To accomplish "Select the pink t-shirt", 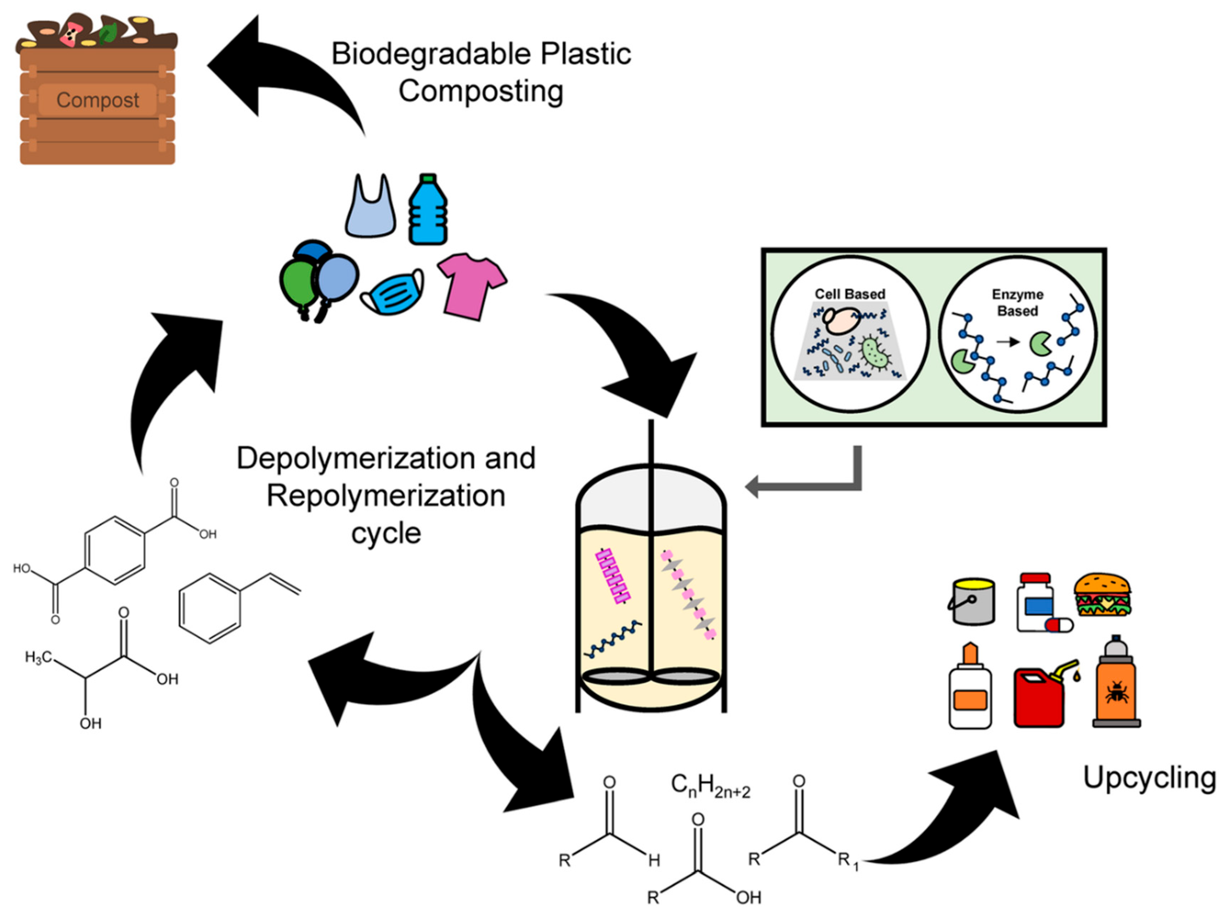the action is (x=472, y=287).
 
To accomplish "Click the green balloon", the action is (x=298, y=285).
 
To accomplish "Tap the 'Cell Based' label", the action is (x=850, y=294).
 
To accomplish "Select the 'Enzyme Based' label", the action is (x=1017, y=303).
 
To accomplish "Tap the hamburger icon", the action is (x=1102, y=595).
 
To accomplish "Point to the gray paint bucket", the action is (x=972, y=602).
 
